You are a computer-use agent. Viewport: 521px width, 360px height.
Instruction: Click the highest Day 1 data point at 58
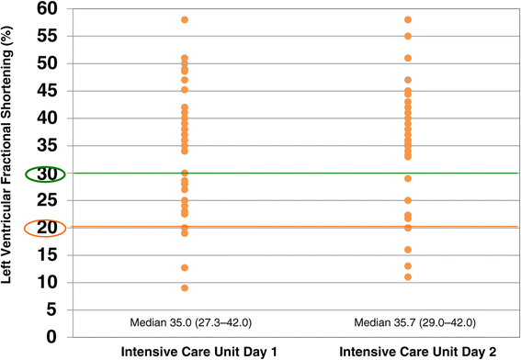185,20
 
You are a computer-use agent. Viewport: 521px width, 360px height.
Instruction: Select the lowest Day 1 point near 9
185,288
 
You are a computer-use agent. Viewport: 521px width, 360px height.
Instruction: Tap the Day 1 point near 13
185,267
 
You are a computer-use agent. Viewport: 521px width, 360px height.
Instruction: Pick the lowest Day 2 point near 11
408,277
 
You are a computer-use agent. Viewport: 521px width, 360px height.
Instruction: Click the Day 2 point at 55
408,36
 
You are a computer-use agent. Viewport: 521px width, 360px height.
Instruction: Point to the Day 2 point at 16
408,250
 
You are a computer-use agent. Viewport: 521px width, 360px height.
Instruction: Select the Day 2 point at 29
408,179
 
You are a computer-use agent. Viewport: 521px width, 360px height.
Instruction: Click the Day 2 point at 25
408,200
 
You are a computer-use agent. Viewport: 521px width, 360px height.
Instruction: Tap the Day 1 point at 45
185,90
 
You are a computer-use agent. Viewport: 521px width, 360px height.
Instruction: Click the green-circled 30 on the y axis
47,174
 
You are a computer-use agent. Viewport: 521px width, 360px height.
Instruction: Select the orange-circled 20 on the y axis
47,228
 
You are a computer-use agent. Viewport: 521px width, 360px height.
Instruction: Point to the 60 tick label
47,8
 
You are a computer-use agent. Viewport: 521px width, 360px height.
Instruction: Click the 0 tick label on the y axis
51,337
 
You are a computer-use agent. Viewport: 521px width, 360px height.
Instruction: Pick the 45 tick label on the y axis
47,91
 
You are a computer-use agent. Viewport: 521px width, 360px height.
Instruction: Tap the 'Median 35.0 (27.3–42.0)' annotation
191,322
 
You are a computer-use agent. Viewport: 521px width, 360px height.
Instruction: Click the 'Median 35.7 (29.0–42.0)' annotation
415,322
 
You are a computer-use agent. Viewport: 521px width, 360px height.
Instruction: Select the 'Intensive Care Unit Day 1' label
199,352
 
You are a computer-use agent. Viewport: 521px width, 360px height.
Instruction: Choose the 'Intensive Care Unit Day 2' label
418,352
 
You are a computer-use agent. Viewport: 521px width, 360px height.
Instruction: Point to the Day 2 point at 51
408,58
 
